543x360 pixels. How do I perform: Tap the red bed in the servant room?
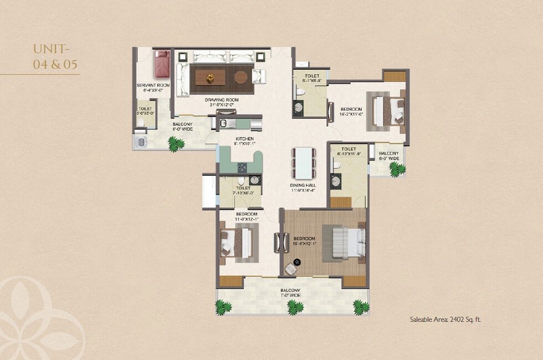(x=162, y=64)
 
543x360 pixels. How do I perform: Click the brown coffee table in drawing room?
(x=211, y=77)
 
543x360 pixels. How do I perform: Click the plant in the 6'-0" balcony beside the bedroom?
(x=397, y=170)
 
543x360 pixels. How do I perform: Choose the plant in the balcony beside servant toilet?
(x=176, y=145)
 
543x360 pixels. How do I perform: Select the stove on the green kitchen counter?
(x=243, y=167)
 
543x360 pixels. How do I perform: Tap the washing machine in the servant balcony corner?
(x=140, y=142)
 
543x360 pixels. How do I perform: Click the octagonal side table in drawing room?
(x=241, y=77)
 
